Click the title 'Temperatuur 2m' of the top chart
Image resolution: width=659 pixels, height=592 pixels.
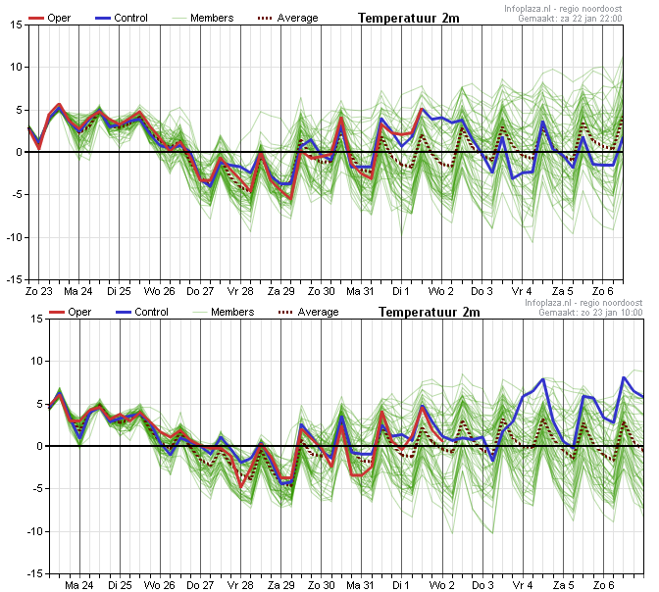(409, 18)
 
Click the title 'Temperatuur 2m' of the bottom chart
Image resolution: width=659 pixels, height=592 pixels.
(430, 312)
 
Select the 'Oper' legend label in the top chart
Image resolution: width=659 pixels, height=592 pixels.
(59, 18)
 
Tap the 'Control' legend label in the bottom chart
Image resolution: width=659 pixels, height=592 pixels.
(151, 312)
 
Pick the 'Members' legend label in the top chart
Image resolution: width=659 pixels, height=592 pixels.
(212, 18)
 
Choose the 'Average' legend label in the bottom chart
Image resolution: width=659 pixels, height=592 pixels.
(318, 312)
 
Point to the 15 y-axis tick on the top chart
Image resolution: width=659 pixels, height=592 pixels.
(16, 25)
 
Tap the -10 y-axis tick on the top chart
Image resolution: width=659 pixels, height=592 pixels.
(14, 237)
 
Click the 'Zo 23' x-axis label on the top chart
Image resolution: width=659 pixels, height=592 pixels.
(38, 291)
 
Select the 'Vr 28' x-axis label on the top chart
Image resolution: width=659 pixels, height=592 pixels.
(240, 291)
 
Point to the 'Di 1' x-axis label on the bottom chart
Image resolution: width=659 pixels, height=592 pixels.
(401, 585)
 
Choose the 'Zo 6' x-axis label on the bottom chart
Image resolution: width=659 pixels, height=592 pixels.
(603, 585)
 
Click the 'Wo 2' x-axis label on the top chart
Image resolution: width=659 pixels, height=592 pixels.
(441, 291)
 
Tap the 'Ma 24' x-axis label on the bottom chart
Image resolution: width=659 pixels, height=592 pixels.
(79, 585)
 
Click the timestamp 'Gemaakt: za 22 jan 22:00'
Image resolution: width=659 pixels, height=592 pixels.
(570, 19)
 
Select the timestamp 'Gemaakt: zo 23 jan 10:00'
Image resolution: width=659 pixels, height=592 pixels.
(590, 313)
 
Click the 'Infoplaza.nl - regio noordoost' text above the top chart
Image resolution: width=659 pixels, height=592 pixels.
(563, 9)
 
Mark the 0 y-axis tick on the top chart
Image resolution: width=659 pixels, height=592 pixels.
(19, 153)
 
